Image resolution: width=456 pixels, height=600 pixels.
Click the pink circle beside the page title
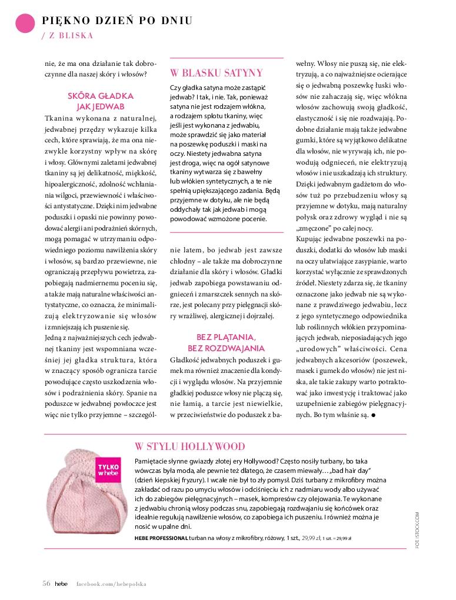coord(24,22)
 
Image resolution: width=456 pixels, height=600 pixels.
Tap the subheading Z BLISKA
coord(68,35)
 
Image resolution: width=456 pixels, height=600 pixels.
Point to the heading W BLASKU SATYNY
coord(216,73)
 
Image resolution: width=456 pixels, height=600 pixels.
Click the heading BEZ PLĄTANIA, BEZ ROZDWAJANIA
coord(226,342)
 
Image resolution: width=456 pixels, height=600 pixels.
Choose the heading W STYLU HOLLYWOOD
coord(189,446)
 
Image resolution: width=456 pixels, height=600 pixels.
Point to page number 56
coord(46,584)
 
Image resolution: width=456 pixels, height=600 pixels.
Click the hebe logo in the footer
coord(61,584)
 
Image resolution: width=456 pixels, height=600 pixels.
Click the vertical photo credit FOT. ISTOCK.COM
coord(417,530)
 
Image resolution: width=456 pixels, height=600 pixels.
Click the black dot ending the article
coord(374,415)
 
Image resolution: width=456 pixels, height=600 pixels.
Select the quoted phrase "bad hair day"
coord(352,471)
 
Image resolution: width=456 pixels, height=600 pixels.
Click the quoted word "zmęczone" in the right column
coord(314,228)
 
